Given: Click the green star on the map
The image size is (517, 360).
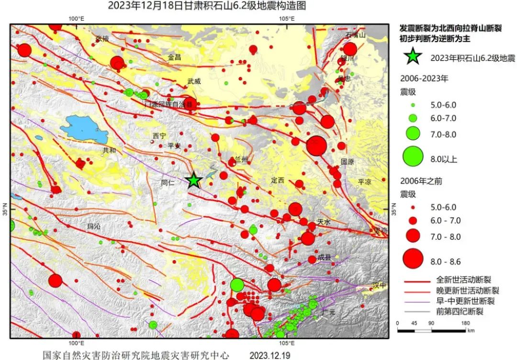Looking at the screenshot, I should tap(193, 180).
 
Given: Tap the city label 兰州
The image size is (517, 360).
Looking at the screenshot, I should tap(242, 159).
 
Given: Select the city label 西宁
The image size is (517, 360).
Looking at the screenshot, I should tap(159, 136).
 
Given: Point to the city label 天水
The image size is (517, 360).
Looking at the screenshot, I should tap(324, 222).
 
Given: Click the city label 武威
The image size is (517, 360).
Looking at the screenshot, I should tap(194, 81).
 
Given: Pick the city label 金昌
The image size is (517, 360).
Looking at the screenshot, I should tap(174, 57).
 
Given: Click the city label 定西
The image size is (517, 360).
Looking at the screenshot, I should tap(277, 180).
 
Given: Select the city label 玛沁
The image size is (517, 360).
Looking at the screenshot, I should tap(94, 226).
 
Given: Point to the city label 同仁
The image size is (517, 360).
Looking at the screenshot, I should tap(168, 182).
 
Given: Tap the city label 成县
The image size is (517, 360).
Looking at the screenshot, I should tap(325, 257).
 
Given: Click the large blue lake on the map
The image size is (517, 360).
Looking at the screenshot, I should tap(86, 128).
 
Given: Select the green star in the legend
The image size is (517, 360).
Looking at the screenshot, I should tap(413, 57).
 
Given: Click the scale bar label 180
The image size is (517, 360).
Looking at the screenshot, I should tap(465, 323).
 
